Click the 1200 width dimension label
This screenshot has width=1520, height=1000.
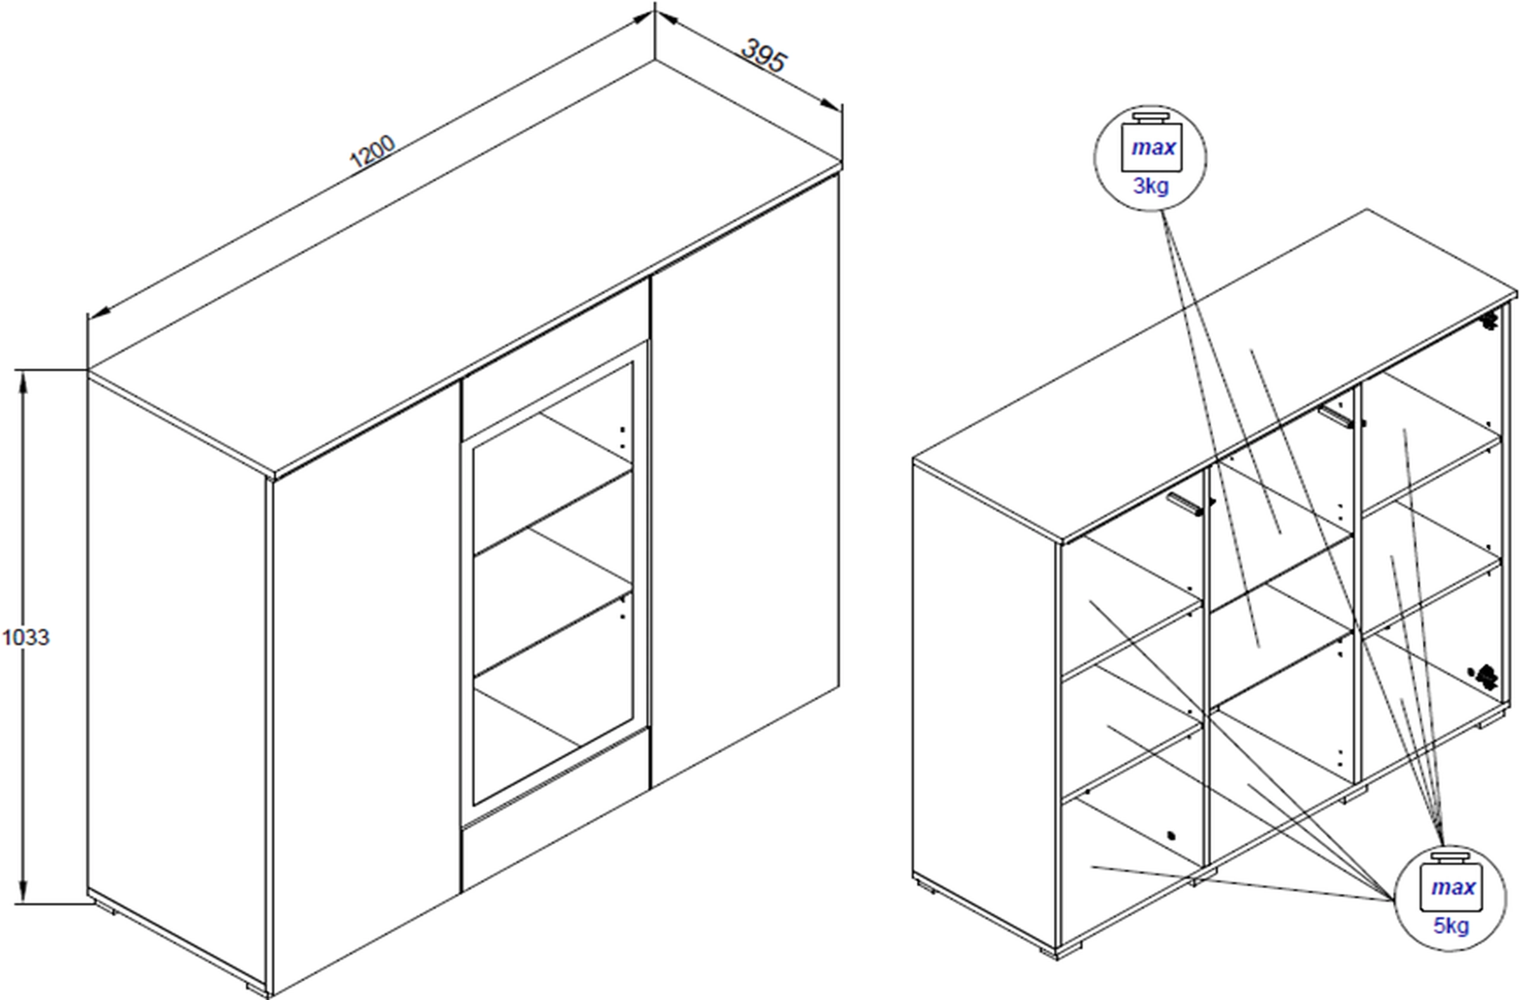pos(372,151)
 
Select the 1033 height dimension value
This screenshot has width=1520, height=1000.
pos(26,637)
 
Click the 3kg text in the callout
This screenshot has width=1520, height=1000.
pos(1151,186)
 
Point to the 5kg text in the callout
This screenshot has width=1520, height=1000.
pos(1451,925)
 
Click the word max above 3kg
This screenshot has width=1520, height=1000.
pos(1154,147)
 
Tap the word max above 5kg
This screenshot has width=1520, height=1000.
pos(1453,887)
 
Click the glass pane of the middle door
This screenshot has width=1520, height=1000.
pos(553,581)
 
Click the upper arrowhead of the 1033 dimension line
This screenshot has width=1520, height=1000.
pos(24,383)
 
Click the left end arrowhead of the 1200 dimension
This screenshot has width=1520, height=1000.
pos(99,312)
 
